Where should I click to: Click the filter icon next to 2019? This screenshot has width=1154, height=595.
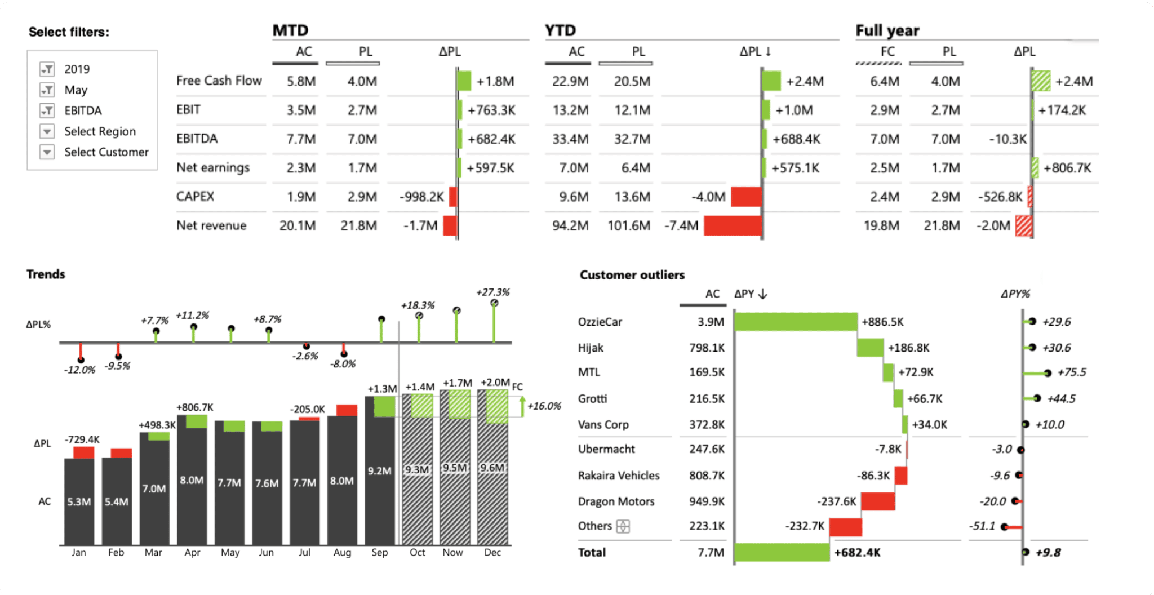(47, 69)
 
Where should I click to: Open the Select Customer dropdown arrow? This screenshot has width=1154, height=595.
(47, 152)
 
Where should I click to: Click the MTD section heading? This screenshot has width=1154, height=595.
(290, 30)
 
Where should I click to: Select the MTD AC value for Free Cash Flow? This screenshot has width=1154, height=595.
(301, 81)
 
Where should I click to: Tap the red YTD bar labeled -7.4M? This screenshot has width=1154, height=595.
(733, 226)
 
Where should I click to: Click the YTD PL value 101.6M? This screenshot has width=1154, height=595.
(629, 226)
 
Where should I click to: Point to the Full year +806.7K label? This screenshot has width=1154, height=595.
(1067, 168)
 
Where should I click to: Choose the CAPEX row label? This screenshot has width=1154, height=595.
(195, 197)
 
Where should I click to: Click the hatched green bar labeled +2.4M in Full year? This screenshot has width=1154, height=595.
(1041, 81)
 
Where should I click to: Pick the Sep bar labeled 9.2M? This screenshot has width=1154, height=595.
(379, 471)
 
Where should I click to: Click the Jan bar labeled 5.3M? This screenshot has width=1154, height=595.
(79, 501)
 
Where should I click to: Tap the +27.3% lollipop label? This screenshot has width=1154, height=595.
(492, 292)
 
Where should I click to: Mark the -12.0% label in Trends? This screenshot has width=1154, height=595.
(79, 370)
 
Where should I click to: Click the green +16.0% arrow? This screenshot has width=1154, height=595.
(522, 406)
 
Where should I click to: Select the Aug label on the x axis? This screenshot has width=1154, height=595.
(342, 553)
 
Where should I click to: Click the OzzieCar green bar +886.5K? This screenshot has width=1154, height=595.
(796, 322)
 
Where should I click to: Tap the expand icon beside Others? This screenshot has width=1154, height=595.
(623, 526)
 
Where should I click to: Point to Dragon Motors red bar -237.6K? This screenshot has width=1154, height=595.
(877, 501)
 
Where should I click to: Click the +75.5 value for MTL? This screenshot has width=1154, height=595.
(1071, 372)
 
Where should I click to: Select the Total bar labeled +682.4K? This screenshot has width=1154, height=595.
(782, 553)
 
